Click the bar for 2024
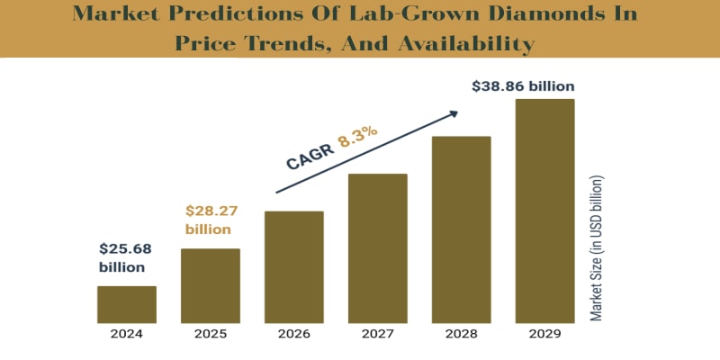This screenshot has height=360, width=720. click(x=127, y=304)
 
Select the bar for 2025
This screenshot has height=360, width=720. click(x=210, y=285)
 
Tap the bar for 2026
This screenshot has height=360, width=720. click(x=293, y=266)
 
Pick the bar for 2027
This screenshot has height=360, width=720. click(x=377, y=247)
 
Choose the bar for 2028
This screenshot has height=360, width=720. click(x=461, y=229)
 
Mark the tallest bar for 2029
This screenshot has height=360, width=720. click(x=544, y=211)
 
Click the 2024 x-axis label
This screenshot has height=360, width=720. click(x=127, y=334)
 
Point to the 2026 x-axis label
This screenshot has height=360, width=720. click(x=293, y=334)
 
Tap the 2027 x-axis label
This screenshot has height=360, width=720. click(x=377, y=334)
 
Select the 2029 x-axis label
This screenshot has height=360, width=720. click(x=544, y=334)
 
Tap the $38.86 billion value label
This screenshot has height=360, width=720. click(x=523, y=86)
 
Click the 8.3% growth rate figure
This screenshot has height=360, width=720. click(x=357, y=137)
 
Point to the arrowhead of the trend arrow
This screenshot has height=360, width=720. click(x=454, y=113)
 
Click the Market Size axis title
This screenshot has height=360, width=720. click(x=597, y=247)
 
